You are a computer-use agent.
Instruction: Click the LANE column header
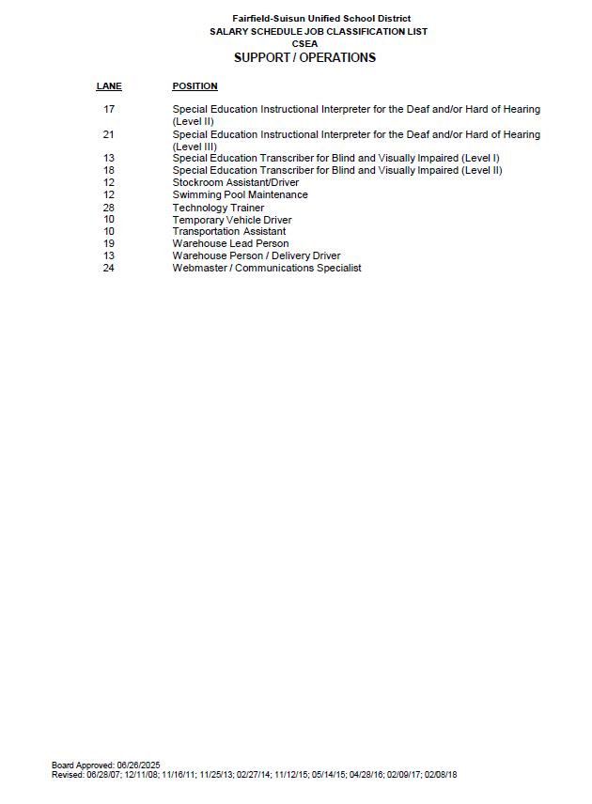[x=109, y=86]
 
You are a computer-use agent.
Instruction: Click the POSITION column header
[x=195, y=86]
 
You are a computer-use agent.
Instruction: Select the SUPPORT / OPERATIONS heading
[x=304, y=57]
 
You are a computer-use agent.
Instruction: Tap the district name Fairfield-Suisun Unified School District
[x=321, y=19]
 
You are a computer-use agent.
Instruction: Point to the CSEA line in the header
[x=304, y=43]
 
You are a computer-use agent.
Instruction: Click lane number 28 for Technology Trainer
[x=109, y=208]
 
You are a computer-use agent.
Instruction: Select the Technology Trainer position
[x=218, y=208]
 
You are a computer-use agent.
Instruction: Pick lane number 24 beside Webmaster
[x=109, y=268]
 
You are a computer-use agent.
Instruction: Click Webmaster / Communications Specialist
[x=267, y=268]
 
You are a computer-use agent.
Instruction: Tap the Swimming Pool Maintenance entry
[x=240, y=195]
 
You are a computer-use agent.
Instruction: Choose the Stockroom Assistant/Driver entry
[x=235, y=183]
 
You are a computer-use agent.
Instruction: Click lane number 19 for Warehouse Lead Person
[x=109, y=243]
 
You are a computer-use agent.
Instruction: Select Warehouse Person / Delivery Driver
[x=256, y=255]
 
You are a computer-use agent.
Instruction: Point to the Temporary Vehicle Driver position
[x=231, y=220]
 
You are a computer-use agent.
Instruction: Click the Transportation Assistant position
[x=228, y=231]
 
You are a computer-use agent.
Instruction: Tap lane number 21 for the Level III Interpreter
[x=109, y=134]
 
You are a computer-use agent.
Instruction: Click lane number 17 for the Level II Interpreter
[x=109, y=110]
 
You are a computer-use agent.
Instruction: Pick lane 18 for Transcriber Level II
[x=109, y=171]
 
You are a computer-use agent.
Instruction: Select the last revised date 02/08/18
[x=441, y=775]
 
